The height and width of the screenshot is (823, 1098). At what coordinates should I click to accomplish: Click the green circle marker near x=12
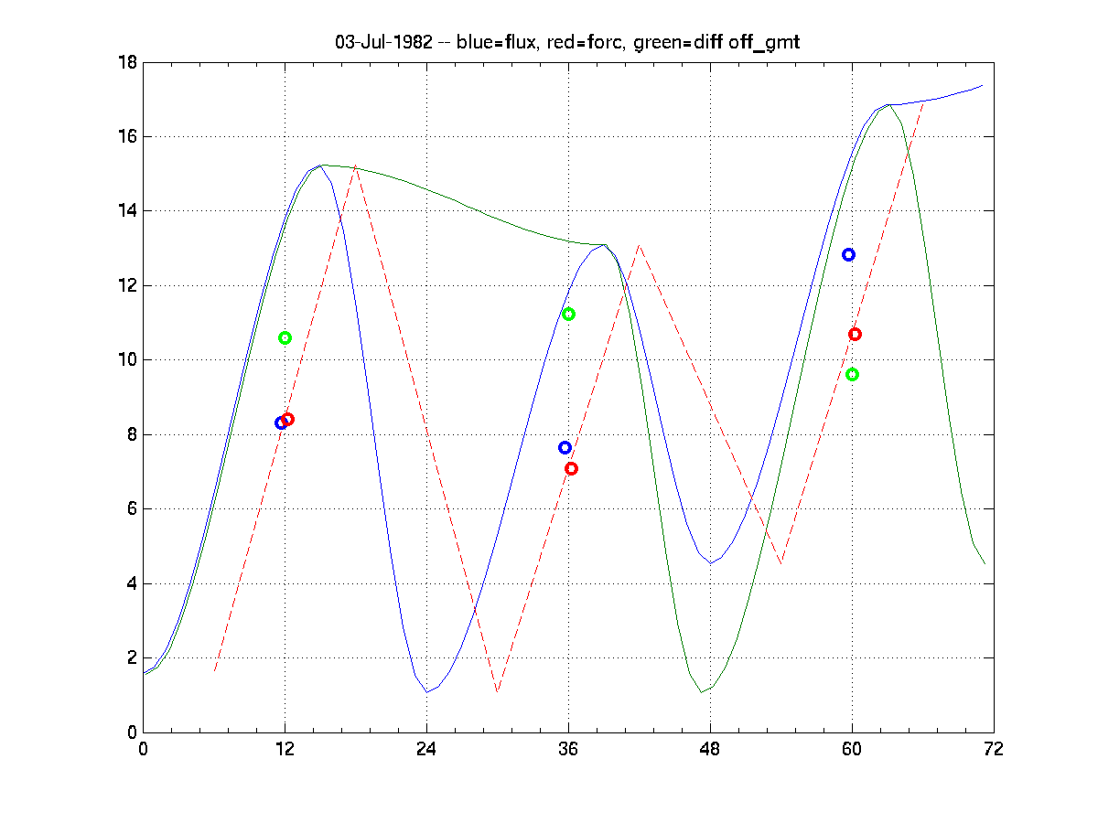(x=285, y=337)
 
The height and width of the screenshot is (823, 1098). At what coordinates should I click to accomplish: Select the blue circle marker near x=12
(x=281, y=422)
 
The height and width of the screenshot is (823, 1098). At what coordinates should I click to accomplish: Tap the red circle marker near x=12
(x=288, y=419)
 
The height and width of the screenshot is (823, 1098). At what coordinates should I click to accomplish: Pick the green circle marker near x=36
(x=568, y=314)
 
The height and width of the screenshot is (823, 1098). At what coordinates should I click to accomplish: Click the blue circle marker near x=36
(x=565, y=447)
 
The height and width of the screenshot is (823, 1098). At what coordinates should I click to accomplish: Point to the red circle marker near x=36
(x=572, y=468)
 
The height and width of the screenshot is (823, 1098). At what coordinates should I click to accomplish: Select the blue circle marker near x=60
(x=848, y=254)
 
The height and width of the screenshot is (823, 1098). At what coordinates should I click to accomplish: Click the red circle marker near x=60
(x=855, y=334)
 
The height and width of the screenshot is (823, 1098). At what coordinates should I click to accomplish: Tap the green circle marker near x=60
(x=852, y=374)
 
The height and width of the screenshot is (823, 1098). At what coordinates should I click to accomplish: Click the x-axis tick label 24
(x=426, y=749)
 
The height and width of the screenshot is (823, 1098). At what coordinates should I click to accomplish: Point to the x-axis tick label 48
(x=710, y=749)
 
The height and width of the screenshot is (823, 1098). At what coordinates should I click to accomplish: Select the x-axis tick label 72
(x=994, y=749)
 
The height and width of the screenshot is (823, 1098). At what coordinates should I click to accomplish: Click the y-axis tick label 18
(x=127, y=62)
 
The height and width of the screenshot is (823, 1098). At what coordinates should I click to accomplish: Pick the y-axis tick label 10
(x=127, y=360)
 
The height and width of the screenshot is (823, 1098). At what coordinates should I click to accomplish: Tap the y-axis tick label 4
(x=132, y=583)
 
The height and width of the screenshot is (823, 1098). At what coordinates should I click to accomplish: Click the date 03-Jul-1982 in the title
(x=383, y=42)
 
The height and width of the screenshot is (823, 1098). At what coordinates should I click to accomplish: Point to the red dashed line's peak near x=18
(x=356, y=166)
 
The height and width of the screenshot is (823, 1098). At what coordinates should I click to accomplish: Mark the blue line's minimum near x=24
(x=426, y=692)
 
